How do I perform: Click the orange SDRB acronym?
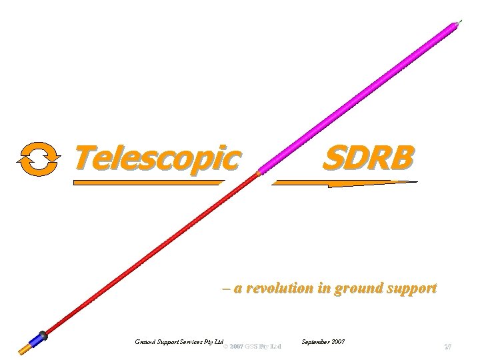click(368, 158)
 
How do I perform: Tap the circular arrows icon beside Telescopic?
click(39, 159)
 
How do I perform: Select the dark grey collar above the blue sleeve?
click(43, 335)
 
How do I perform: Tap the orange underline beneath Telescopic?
click(147, 182)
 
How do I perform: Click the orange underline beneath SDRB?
click(343, 183)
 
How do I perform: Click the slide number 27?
click(448, 347)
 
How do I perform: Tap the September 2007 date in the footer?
click(323, 341)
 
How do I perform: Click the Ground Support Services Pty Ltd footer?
click(177, 341)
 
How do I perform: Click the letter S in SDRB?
click(333, 158)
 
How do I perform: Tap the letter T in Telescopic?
click(83, 157)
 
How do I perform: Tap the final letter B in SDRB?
click(401, 158)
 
